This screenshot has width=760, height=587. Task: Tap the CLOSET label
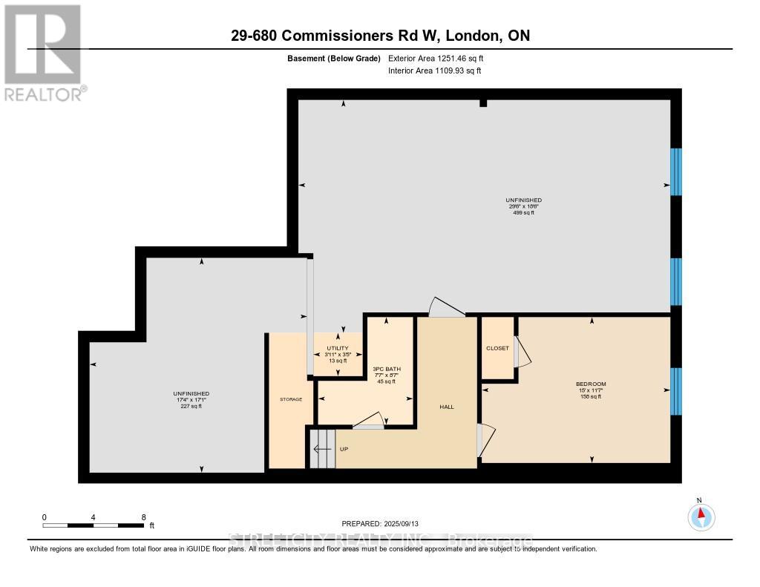tap(497, 348)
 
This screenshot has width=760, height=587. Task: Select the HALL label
tap(446, 407)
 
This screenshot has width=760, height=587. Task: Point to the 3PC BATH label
tap(386, 369)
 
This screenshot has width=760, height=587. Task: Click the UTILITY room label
tap(338, 348)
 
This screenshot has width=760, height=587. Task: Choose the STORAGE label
tap(291, 399)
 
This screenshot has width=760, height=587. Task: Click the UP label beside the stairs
tap(344, 449)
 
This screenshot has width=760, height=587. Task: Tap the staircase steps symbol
tap(321, 448)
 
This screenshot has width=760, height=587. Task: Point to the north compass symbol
tap(700, 515)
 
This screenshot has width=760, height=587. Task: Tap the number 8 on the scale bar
tap(143, 517)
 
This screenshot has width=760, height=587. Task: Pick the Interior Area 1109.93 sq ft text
tap(435, 70)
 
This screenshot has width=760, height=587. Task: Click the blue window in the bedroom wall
tap(675, 391)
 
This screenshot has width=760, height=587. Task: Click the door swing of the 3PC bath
tap(369, 421)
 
